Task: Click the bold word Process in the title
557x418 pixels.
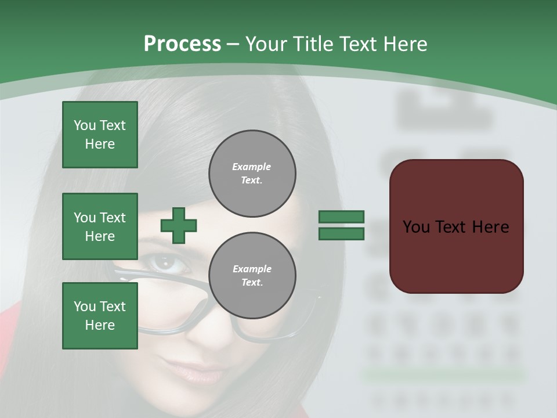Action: pos(182,44)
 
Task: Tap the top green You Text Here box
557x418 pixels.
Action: pos(100,135)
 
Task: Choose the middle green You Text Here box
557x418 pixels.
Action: pos(100,226)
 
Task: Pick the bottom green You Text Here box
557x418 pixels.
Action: pos(100,316)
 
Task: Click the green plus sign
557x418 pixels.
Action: pos(179,225)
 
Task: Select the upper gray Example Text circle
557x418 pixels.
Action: pos(252,174)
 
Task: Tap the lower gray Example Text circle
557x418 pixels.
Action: pos(252,276)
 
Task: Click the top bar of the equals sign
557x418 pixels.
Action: pos(341,217)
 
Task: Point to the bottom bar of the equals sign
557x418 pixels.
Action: pos(341,234)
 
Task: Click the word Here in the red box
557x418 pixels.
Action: pos(490,227)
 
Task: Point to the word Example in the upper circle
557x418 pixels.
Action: pos(252,167)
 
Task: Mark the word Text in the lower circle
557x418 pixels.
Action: pos(252,283)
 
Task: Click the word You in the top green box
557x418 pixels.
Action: pos(85,125)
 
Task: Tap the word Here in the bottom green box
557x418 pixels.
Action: pos(100,325)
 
